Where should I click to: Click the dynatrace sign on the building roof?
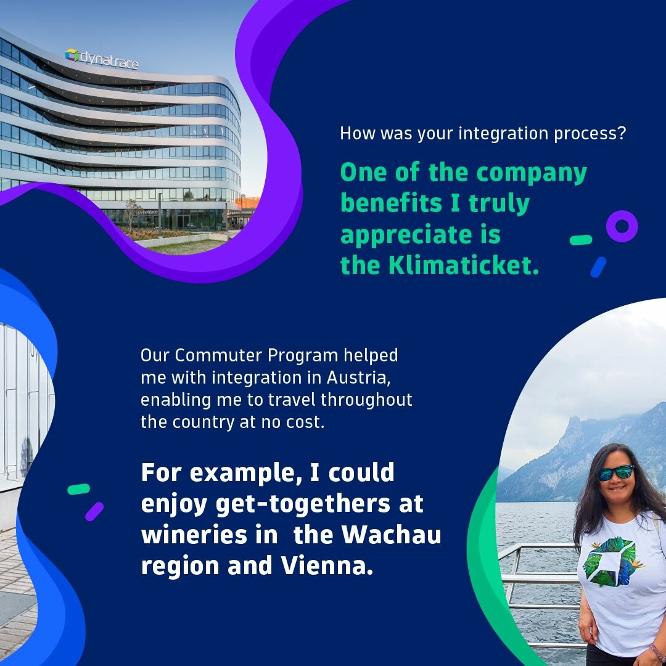102,59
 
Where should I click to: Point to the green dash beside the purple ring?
581,240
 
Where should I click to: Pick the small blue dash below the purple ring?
598,267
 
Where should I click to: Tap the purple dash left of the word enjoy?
94,511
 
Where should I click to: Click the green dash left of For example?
79,489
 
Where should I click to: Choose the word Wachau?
391,535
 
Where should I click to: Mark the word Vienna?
327,565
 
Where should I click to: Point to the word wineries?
194,535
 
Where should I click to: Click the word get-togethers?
303,504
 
